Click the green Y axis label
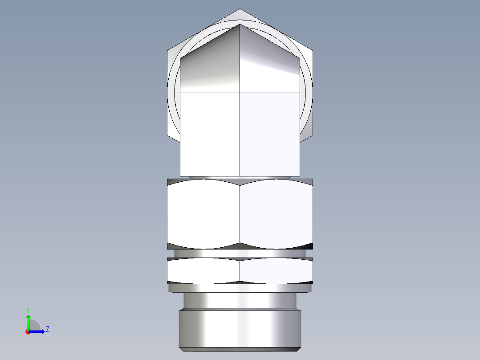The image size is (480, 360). pyautogui.click(x=28, y=309)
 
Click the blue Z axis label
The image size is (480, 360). pyautogui.click(x=47, y=329)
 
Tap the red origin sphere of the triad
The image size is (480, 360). pyautogui.click(x=28, y=332)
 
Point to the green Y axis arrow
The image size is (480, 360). pyautogui.click(x=28, y=321)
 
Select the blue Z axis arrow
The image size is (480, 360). pyautogui.click(x=38, y=331)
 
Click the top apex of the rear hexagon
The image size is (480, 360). pyautogui.click(x=240, y=9)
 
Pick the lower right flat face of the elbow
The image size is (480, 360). pyautogui.click(x=269, y=134)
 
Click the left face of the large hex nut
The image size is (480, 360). pyautogui.click(x=203, y=214)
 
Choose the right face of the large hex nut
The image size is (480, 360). pyautogui.click(x=276, y=214)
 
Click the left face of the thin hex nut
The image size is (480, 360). pyautogui.click(x=203, y=270)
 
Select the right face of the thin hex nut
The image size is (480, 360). pyautogui.click(x=276, y=270)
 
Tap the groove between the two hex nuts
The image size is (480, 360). pyautogui.click(x=240, y=253)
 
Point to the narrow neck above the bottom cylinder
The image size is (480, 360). pyautogui.click(x=240, y=301)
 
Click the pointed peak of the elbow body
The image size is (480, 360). pyautogui.click(x=240, y=25)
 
